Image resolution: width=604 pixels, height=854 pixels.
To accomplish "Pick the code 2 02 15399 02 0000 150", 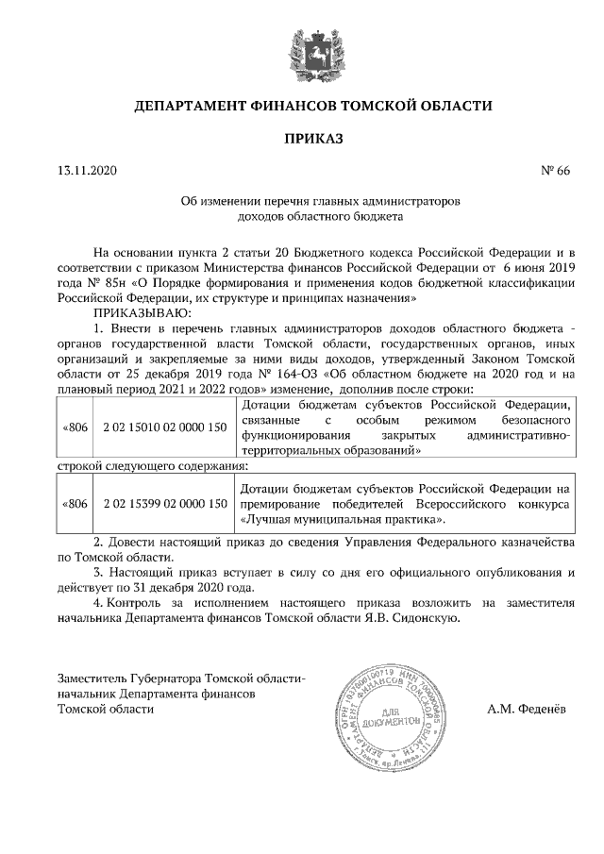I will coord(165,504).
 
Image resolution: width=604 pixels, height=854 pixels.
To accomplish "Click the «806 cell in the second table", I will coord(75,504).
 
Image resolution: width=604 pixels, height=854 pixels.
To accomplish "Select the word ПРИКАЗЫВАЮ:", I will coord(142,311).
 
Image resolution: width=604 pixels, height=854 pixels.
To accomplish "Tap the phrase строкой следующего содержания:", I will coord(154,466).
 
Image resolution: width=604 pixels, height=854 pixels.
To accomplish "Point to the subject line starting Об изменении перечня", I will coord(320,202).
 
